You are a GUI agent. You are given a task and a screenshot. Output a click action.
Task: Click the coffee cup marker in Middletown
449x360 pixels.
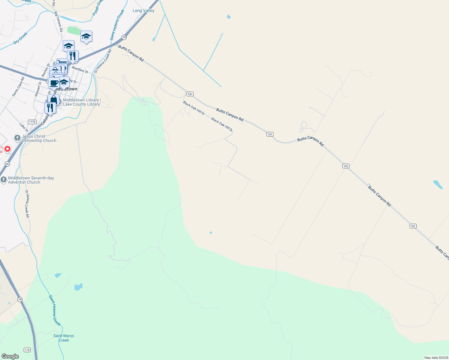pos(54,83)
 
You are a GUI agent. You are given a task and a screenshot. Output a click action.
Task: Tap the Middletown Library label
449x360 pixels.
pos(81,102)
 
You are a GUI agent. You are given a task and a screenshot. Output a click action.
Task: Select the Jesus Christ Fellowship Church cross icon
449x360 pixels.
pos(17,138)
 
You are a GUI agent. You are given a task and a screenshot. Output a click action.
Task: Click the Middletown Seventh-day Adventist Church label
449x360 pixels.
pos(31,180)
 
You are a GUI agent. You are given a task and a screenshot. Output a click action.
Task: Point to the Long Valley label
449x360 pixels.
pos(143,11)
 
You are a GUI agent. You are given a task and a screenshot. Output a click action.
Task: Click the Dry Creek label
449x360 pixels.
pos(20,38)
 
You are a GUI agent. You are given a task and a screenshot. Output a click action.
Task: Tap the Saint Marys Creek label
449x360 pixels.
pos(64,338)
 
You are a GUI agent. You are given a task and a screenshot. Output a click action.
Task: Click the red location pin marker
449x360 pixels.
pos(8,149)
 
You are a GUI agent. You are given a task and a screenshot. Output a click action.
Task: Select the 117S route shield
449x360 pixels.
pos(32,122)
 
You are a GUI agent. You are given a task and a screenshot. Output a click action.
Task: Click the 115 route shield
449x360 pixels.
pos(27,350)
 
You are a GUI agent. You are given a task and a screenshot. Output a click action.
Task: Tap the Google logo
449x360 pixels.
pos(10,356)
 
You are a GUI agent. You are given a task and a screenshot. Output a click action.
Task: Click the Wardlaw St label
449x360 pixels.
pos(80,70)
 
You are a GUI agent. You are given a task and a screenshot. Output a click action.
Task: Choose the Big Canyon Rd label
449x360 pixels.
pos(58,22)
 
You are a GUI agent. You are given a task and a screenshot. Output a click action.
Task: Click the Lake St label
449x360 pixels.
pos(24,127)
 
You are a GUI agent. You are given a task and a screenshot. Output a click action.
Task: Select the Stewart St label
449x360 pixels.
pos(38,89)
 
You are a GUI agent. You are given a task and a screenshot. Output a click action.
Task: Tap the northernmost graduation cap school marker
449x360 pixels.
pos(86,37)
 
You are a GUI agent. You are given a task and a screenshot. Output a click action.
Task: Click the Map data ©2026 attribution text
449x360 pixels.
pos(436,358)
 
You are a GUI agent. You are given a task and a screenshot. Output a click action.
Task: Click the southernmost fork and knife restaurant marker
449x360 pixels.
pos(50,108)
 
